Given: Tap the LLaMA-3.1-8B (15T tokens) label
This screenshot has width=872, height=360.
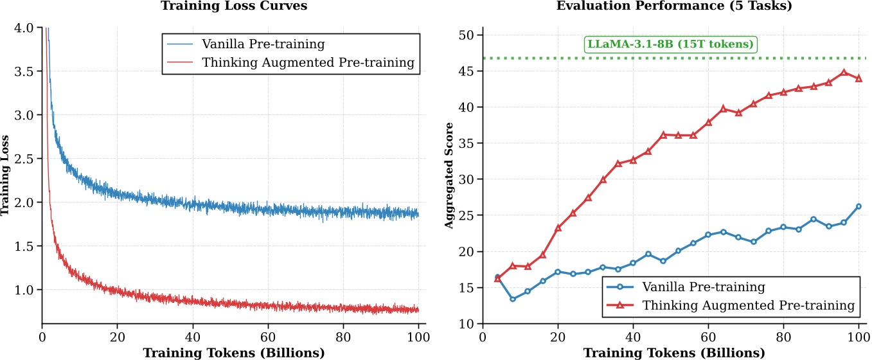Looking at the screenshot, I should [x=671, y=45].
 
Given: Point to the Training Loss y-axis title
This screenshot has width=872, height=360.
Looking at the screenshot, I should [x=6, y=175].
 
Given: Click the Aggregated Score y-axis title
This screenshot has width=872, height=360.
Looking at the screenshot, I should [x=449, y=175].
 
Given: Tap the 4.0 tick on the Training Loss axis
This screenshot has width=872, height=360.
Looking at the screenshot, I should [x=26, y=28].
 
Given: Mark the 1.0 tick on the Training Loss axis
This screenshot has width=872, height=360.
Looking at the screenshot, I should [x=26, y=290].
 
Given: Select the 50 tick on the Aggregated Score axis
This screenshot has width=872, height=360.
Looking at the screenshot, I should [x=467, y=35].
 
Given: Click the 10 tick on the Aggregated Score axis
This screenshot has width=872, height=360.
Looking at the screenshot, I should [x=467, y=323].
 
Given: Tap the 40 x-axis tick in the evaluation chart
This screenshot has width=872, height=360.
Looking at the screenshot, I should [x=633, y=336].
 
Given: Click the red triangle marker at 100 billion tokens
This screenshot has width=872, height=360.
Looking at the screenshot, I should [x=858, y=78].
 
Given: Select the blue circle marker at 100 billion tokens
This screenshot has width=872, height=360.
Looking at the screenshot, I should [x=858, y=206].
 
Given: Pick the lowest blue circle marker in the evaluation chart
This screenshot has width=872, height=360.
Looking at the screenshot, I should [x=512, y=299].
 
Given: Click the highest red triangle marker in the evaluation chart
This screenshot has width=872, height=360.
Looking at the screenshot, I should [x=844, y=73].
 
